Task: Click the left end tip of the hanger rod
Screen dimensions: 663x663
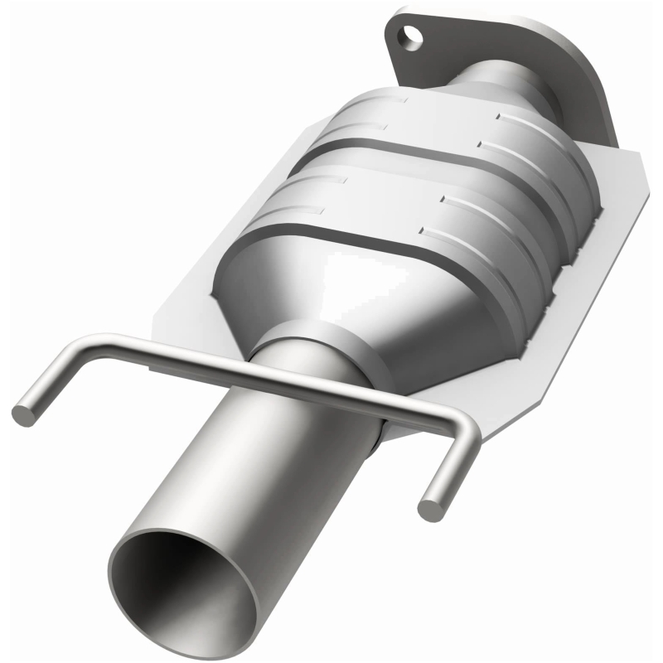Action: click(x=23, y=413)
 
